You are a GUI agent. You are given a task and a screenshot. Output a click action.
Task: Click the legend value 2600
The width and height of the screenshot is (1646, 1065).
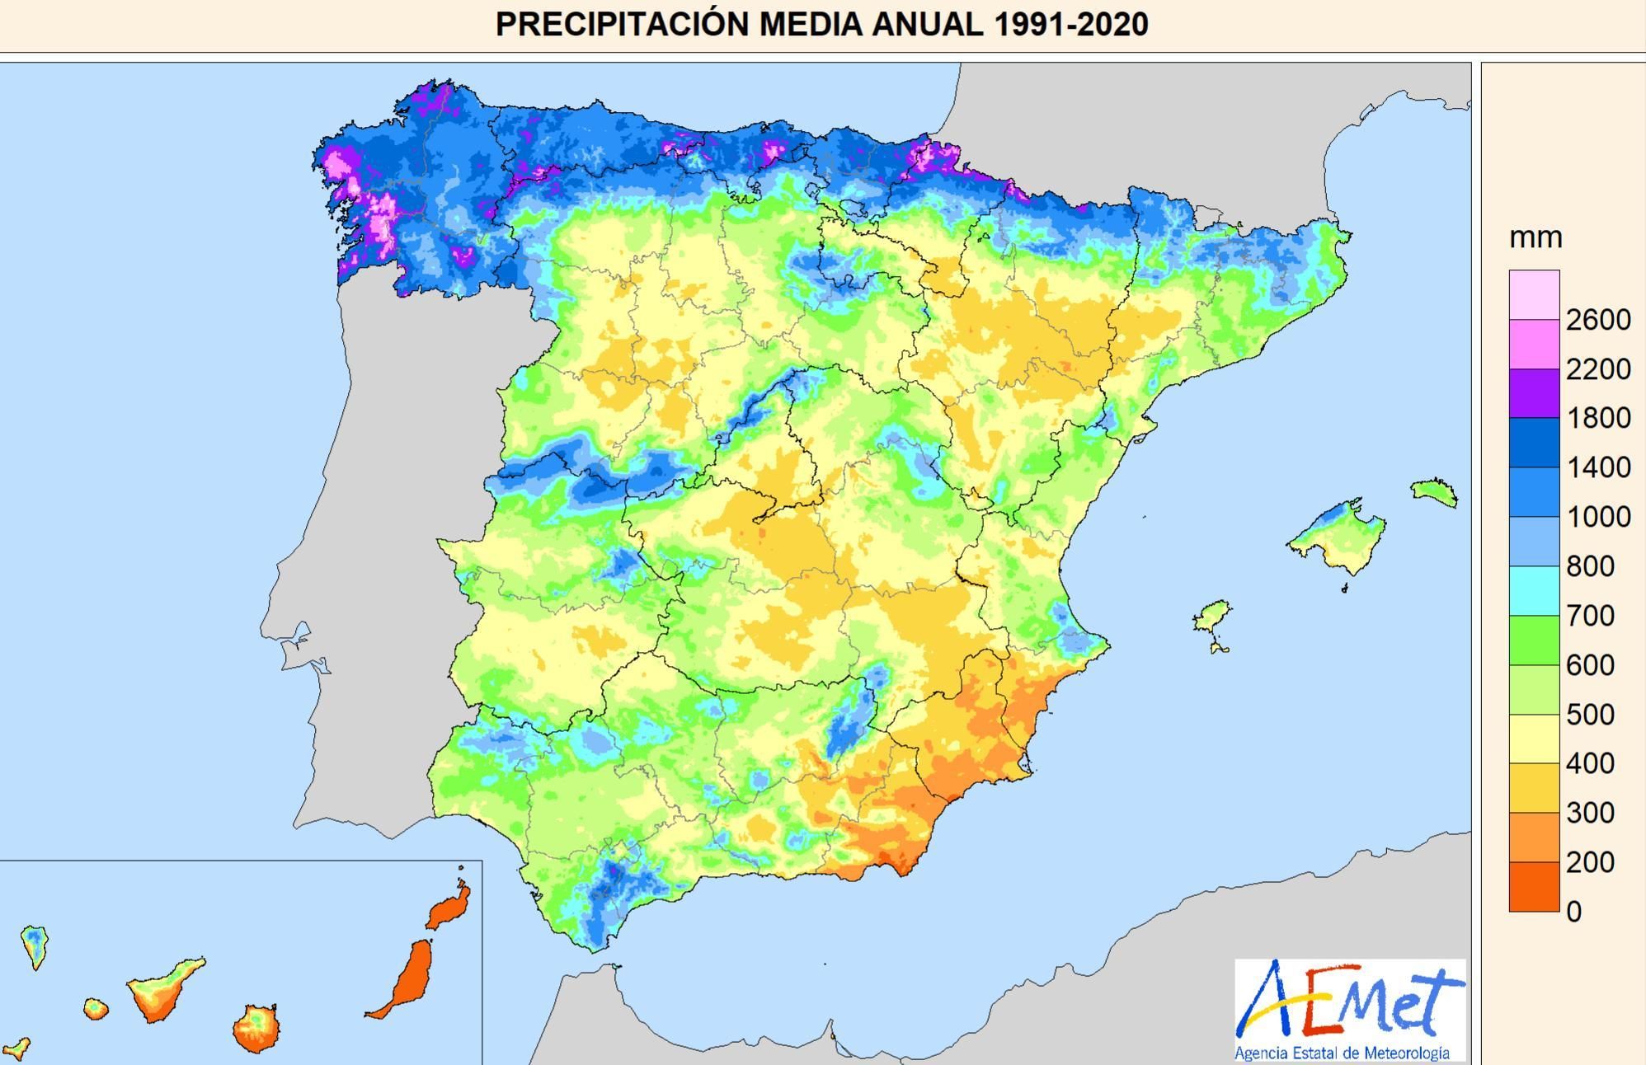[1598, 320]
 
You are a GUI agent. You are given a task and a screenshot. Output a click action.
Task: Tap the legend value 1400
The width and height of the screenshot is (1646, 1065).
[1598, 467]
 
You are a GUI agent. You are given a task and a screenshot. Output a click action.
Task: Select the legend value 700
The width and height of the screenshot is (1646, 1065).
[1590, 616]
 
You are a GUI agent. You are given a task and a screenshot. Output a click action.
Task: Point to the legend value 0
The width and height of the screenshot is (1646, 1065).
[1573, 912]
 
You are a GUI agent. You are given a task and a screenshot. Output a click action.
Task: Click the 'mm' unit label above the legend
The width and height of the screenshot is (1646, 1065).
[1535, 238]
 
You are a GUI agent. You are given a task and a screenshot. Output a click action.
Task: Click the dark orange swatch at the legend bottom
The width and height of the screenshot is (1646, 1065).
[1534, 887]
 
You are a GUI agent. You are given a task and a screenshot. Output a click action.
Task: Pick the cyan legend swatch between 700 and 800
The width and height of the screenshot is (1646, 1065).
[1534, 591]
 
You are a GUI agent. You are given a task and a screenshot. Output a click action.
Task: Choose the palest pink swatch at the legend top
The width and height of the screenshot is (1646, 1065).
[1534, 294]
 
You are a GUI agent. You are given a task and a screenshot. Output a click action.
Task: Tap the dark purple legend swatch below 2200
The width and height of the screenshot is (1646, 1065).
[1534, 393]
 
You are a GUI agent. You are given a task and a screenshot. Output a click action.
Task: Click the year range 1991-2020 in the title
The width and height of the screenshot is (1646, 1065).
[1070, 24]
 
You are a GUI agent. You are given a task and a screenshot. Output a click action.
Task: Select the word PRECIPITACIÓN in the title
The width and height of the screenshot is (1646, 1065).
[623, 24]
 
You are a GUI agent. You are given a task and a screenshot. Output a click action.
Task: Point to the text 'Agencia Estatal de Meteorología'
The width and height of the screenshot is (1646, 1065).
[1342, 1053]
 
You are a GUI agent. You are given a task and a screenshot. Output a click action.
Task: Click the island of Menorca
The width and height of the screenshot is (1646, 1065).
[1434, 492]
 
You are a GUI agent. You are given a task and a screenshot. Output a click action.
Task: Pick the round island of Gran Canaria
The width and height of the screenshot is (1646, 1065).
[256, 1028]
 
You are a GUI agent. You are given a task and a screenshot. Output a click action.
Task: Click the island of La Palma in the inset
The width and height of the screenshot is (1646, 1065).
[35, 945]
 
